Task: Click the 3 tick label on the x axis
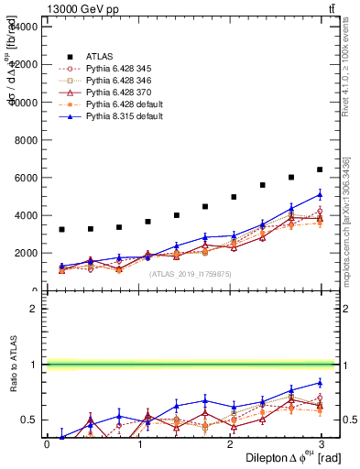click(x=322, y=444)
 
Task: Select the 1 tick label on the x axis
click(x=138, y=444)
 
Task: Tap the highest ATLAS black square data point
click(x=320, y=169)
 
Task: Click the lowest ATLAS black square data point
click(x=61, y=229)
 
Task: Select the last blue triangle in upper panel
click(x=320, y=194)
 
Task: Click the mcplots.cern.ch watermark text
click(x=351, y=220)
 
